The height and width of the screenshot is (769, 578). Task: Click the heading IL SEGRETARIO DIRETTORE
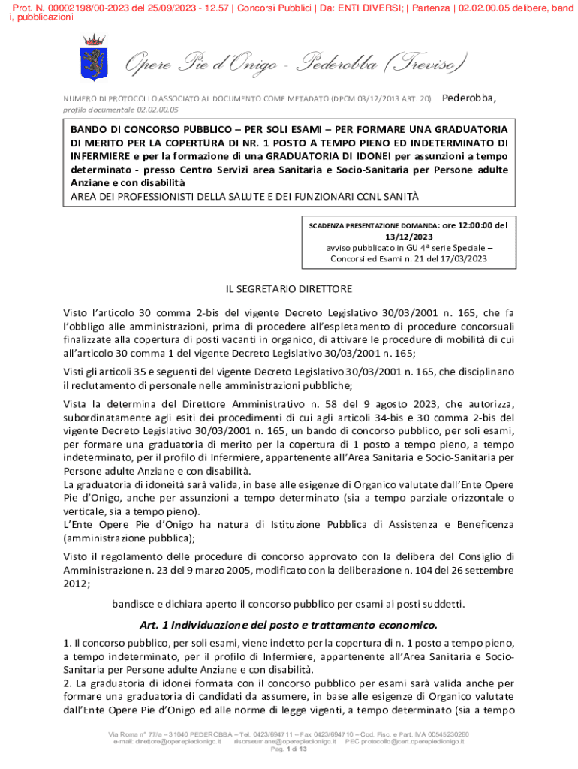point(289,288)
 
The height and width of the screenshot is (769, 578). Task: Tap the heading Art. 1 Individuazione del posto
point(288,625)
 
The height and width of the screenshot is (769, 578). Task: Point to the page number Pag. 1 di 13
point(289,749)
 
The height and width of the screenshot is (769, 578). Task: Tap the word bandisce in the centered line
point(134,604)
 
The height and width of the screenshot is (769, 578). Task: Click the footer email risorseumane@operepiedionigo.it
point(284,741)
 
